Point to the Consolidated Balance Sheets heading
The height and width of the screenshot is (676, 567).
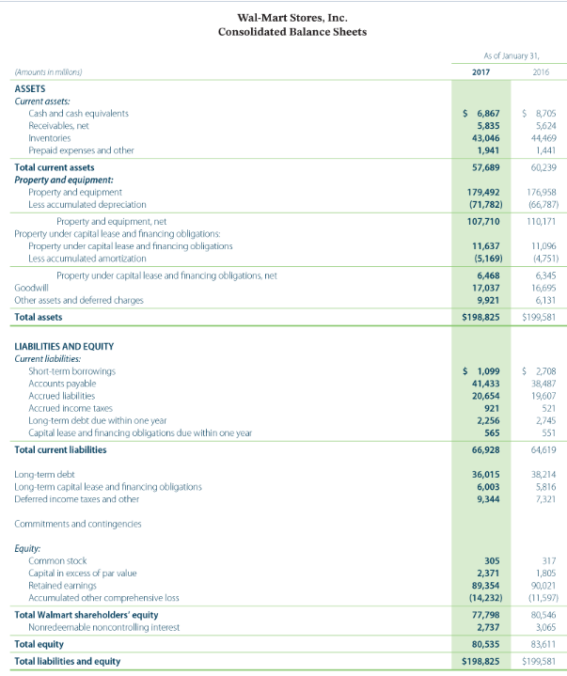tap(291, 32)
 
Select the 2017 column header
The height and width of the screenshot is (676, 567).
tap(481, 71)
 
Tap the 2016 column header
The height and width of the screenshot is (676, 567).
tap(540, 71)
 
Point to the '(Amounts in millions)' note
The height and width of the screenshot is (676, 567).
tap(49, 71)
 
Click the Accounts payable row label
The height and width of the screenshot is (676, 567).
tap(63, 385)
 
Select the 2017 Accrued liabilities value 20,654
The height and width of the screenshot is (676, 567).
tap(483, 398)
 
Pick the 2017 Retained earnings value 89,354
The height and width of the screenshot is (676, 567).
tap(483, 585)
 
